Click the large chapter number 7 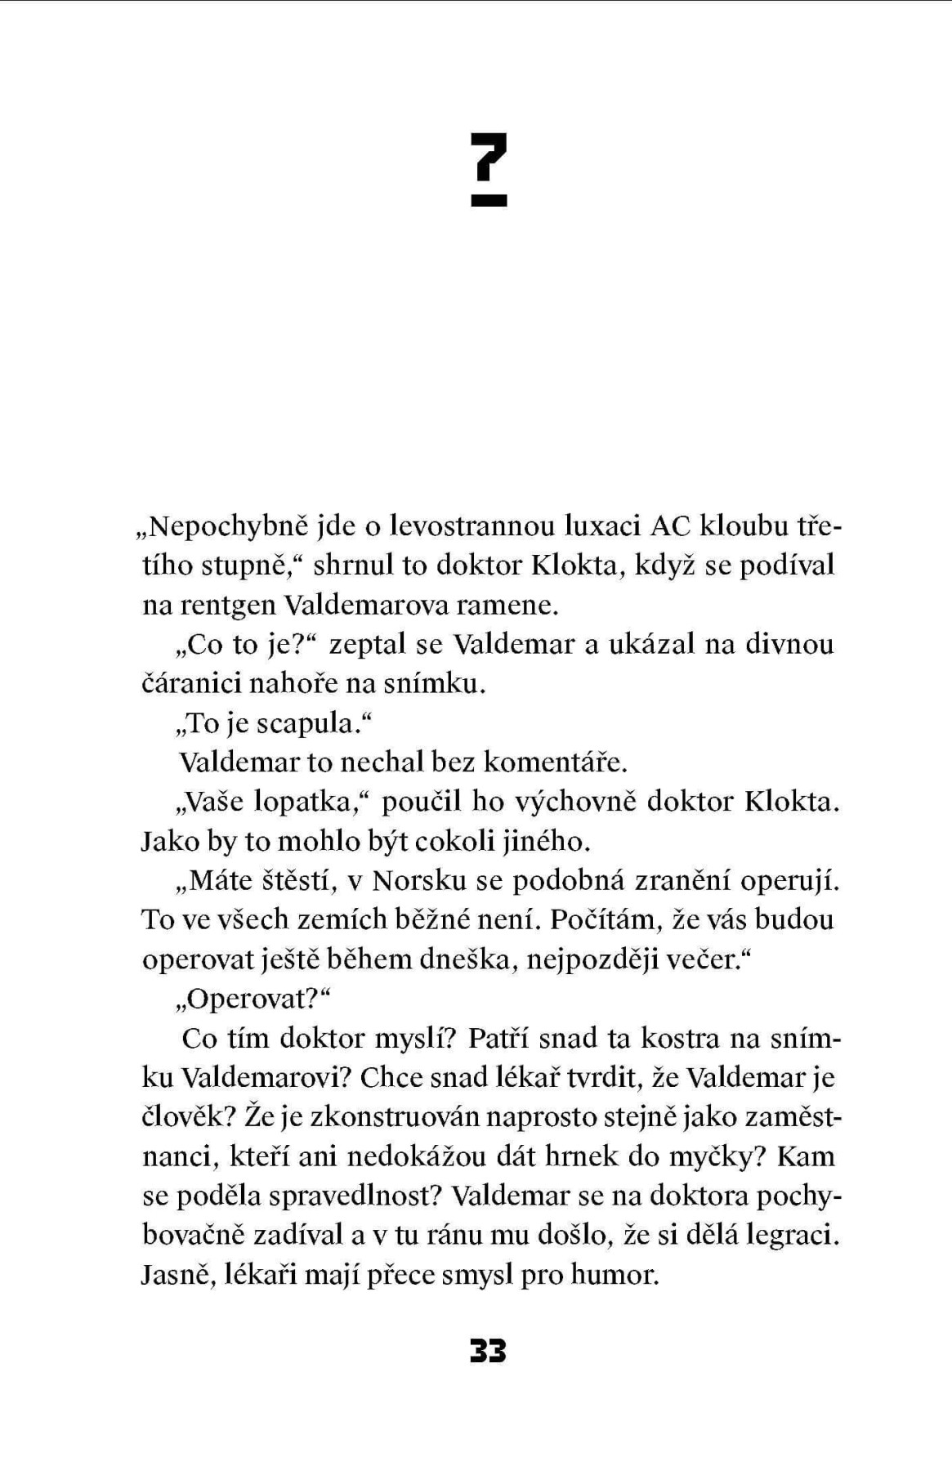(x=489, y=157)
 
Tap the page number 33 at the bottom (x=488, y=1353)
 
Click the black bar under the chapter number (x=489, y=199)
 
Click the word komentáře (x=555, y=762)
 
